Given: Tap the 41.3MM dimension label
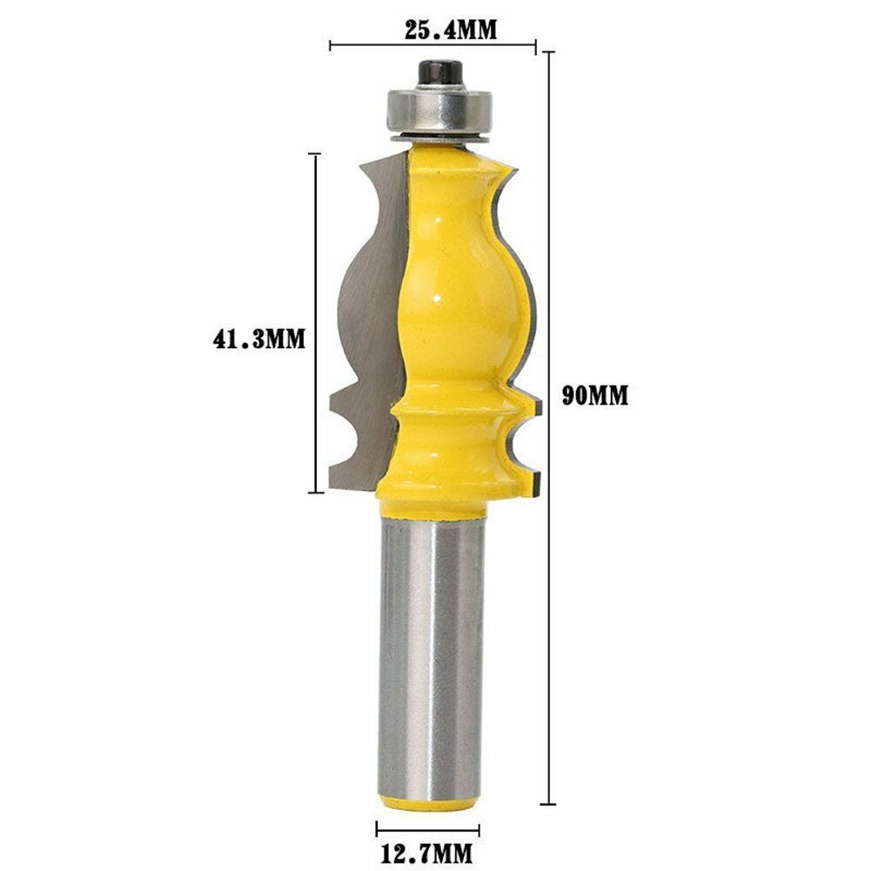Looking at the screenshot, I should pos(258,338).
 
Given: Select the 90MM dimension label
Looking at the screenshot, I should pos(595,396).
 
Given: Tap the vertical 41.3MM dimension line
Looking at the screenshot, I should pos(315,261).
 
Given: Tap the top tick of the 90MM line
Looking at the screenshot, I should pos(548,52).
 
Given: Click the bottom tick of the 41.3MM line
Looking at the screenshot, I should pos(315,492).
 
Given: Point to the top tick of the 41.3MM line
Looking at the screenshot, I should pos(315,154).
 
